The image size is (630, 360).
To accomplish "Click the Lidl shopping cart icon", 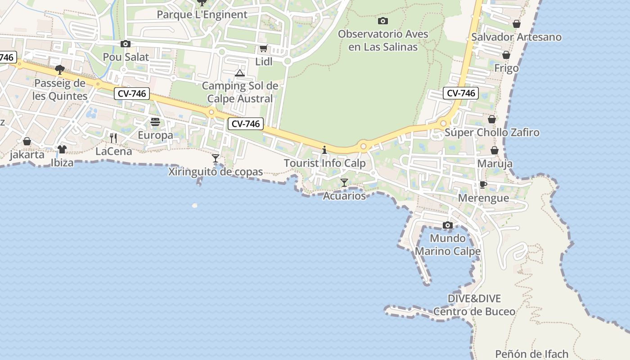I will click(263, 48).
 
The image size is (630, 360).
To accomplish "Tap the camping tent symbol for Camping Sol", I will click(240, 73).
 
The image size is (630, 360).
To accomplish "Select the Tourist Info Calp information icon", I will click(324, 150).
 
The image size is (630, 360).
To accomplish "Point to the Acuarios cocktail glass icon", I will click(344, 182).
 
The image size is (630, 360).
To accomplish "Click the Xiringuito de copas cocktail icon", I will click(216, 158).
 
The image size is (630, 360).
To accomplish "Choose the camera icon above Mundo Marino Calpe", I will click(447, 225).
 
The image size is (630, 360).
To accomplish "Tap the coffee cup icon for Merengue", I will click(483, 184).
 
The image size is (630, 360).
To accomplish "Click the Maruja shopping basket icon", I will click(495, 150).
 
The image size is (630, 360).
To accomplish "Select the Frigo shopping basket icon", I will click(506, 55).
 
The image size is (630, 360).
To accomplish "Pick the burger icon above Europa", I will click(155, 121).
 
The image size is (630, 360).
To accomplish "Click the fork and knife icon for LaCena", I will click(113, 138).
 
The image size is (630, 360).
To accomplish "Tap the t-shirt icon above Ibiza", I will click(62, 149).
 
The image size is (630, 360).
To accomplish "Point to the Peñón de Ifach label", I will click(531, 354).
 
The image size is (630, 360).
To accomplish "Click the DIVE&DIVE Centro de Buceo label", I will click(474, 305).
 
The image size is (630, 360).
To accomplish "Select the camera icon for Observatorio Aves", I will click(383, 21).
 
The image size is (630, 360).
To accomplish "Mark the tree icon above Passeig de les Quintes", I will click(59, 69).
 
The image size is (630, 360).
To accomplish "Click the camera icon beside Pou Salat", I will click(126, 44).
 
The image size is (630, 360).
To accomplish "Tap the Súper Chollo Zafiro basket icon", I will click(492, 119).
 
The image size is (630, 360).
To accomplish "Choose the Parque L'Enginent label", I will click(202, 14).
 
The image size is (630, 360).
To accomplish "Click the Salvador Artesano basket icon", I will click(517, 24).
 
